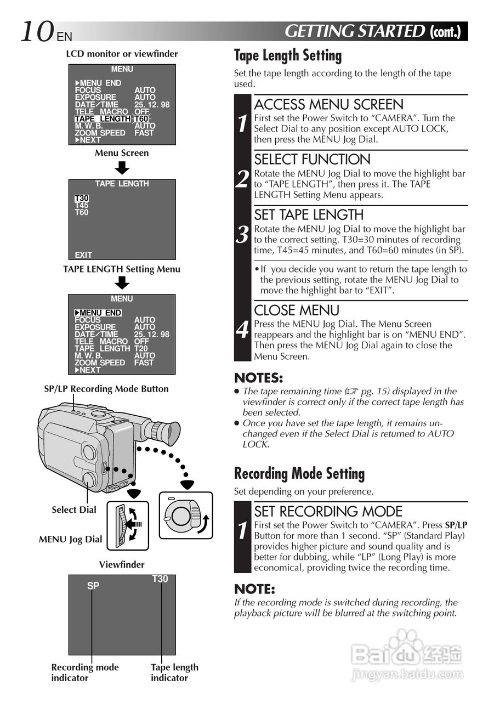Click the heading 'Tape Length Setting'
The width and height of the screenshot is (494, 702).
click(x=287, y=55)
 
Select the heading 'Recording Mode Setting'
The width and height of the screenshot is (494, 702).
click(x=299, y=473)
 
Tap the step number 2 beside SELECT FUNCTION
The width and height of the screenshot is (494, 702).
click(x=242, y=179)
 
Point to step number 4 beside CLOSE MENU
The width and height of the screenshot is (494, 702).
click(x=242, y=330)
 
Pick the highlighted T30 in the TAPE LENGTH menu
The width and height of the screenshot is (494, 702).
click(x=82, y=199)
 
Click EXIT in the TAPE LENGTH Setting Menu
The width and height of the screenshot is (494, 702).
click(x=83, y=254)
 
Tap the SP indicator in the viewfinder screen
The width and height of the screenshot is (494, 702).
click(x=93, y=586)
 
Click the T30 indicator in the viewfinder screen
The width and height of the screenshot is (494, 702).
click(x=160, y=579)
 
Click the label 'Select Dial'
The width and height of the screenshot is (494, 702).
click(x=73, y=509)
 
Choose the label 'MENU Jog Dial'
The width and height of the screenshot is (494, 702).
click(x=70, y=539)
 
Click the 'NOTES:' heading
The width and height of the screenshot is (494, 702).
click(x=258, y=378)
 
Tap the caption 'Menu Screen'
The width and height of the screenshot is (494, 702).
click(x=121, y=153)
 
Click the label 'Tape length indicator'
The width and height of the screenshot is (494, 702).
click(x=174, y=672)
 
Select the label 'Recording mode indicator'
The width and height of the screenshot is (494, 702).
click(x=84, y=672)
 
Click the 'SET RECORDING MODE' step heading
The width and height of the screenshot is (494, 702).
click(x=328, y=511)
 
